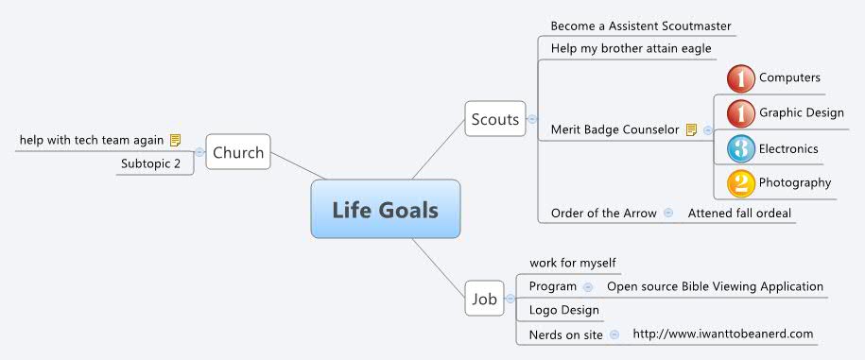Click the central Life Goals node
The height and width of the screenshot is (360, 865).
pyautogui.click(x=385, y=209)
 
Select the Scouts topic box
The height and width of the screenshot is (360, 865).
pyautogui.click(x=495, y=119)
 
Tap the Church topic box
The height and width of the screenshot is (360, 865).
pyautogui.click(x=238, y=152)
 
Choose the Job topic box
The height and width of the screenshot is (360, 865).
pyautogui.click(x=484, y=300)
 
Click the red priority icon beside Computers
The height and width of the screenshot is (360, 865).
pyautogui.click(x=741, y=78)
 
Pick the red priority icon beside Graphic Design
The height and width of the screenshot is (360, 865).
pyautogui.click(x=741, y=113)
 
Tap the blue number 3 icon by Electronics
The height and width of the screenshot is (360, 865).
pyautogui.click(x=741, y=148)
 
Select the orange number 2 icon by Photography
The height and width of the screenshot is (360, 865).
pyautogui.click(x=741, y=182)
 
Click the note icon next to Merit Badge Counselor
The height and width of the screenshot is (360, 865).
pyautogui.click(x=691, y=129)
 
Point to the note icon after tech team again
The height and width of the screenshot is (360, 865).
pyautogui.click(x=175, y=140)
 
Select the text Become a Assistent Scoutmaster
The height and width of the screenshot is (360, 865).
pyautogui.click(x=641, y=26)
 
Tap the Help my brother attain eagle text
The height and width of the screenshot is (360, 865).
pyautogui.click(x=631, y=48)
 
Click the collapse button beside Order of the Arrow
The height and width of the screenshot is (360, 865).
pyautogui.click(x=668, y=213)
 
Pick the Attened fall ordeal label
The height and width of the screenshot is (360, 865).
pyautogui.click(x=739, y=214)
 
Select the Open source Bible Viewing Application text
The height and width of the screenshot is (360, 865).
pyautogui.click(x=715, y=286)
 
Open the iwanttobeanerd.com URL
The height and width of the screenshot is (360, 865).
pyautogui.click(x=722, y=334)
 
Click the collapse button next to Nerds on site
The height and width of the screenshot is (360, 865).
pyautogui.click(x=614, y=334)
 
